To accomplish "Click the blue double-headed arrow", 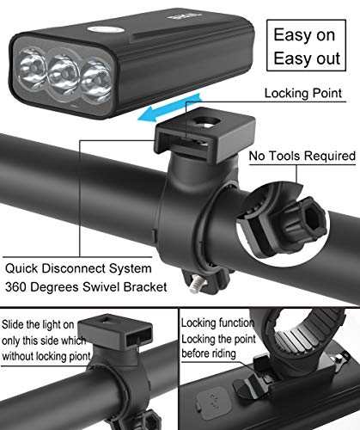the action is pos(170,107).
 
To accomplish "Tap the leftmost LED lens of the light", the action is pos(32,68).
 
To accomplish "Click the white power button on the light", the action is pos(106,30).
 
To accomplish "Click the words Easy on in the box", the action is pos(304,35).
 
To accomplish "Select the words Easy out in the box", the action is pos(307,58).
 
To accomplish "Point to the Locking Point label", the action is pos(303,93).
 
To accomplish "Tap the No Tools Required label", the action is pos(302,156).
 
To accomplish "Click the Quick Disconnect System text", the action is pos(78,268).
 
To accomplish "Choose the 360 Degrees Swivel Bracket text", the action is pos(86,287).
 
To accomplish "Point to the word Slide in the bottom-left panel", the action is pos(13,324).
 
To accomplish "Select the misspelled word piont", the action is pos(81,356).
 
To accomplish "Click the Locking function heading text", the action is pos(217,322).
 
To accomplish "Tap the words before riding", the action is pos(209,353).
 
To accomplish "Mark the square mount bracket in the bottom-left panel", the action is pos(115,333).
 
